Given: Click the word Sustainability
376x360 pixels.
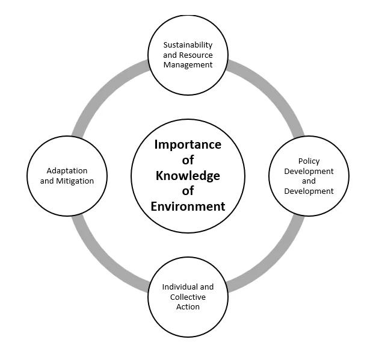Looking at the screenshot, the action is point(188,45).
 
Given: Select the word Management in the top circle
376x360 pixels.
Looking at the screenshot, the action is point(188,65).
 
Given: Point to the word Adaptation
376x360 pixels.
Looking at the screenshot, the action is point(67,171).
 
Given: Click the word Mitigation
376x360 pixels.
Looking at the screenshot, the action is point(75,181).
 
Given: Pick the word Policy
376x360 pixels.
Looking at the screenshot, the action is point(309,161).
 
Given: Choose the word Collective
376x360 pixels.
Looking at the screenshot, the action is point(188,297).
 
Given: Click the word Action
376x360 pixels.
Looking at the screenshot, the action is point(188,306).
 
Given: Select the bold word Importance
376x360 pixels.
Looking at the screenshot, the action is point(188,144).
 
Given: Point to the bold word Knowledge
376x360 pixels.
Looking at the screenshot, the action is point(188,176).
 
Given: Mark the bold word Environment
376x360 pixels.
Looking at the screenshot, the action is point(188,206).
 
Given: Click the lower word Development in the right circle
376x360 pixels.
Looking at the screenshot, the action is point(309,191).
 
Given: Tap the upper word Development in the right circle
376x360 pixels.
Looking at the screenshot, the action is point(309,172).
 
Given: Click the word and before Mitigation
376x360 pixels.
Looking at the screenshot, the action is point(47,181).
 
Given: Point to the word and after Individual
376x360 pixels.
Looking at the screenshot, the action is point(206,287).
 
